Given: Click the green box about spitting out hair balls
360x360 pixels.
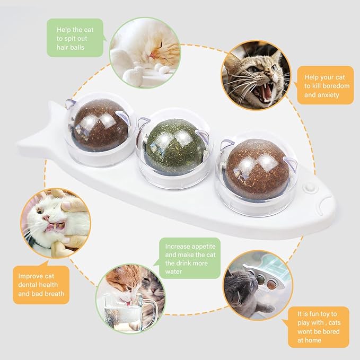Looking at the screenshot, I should tap(74, 38).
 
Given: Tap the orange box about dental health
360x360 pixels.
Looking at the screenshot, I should tap(41, 285).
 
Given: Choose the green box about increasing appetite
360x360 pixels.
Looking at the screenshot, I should tap(190, 259).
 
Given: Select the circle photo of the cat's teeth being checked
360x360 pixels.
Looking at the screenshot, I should tap(55, 223).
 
